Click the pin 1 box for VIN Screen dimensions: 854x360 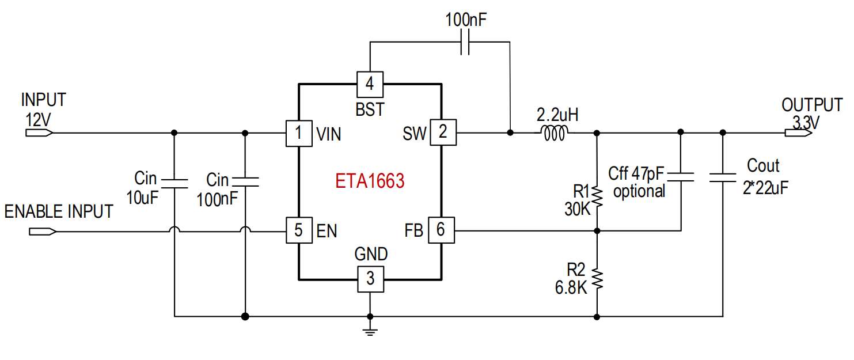(299, 133)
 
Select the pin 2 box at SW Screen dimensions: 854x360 (443, 132)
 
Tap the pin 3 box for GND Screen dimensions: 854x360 (371, 279)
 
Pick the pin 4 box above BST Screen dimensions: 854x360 (370, 84)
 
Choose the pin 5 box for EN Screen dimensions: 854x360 (299, 230)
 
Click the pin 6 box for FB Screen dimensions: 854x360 (442, 230)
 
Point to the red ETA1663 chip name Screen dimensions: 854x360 (370, 181)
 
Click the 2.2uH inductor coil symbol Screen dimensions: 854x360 (555, 134)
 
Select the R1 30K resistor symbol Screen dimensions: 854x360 (597, 197)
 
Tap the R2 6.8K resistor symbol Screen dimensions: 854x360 (597, 278)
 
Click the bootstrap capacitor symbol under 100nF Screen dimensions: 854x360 (465, 42)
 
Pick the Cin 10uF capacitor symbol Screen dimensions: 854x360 (174, 183)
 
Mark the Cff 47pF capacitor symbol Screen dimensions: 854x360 (681, 177)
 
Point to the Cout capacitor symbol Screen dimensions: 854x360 (723, 178)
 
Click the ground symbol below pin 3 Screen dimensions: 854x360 (370, 331)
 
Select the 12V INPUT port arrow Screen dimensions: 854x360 (39, 132)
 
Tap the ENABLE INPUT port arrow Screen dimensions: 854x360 (43, 232)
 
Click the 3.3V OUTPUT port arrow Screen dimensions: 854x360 (799, 132)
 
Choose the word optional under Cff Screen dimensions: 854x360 (639, 191)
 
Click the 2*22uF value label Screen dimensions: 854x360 (765, 188)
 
